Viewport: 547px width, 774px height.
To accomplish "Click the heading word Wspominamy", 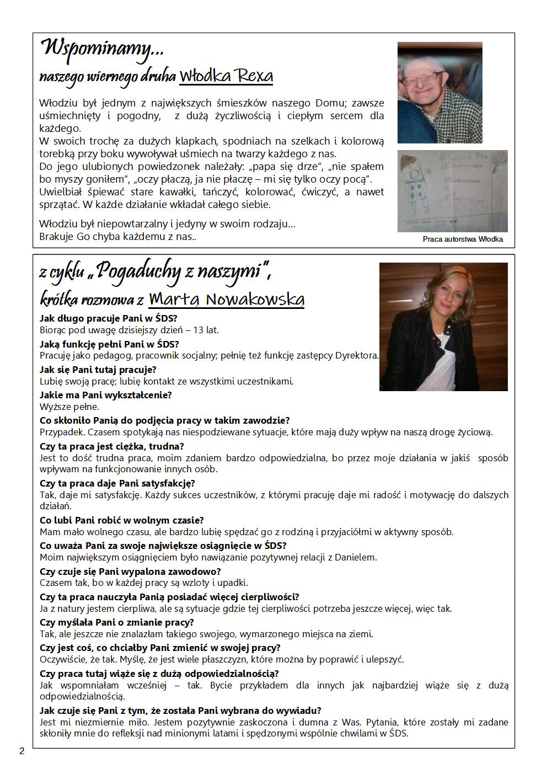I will tap(103, 50).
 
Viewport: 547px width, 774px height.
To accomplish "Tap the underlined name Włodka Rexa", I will tap(226, 76).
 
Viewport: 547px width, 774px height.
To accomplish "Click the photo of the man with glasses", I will tap(439, 92).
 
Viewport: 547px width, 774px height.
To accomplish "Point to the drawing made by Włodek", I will tap(452, 191).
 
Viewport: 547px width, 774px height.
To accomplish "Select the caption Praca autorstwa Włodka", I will tap(463, 239).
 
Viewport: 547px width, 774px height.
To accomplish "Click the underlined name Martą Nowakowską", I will tap(227, 300).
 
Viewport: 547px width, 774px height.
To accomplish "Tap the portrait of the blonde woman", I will tap(443, 327).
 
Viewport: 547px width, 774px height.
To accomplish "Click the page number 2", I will tap(22, 751).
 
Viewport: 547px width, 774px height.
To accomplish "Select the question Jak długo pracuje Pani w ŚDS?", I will tap(109, 318).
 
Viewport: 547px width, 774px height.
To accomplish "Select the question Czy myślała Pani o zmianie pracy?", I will tap(117, 622).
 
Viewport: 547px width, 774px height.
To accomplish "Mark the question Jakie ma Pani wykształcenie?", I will tap(106, 395).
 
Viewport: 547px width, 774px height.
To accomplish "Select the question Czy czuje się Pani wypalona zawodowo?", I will tap(130, 572).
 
